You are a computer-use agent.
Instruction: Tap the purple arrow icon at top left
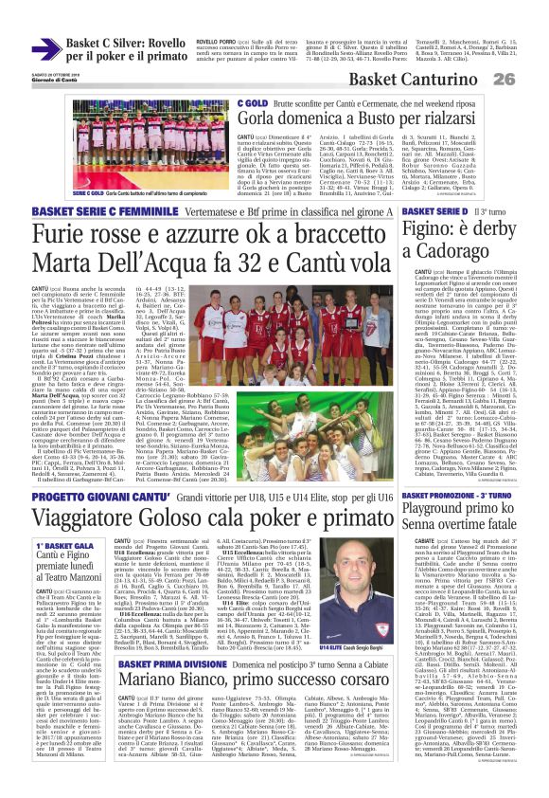pyautogui.click(x=45, y=49)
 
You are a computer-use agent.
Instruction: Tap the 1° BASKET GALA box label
pyautogui.click(x=65, y=547)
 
